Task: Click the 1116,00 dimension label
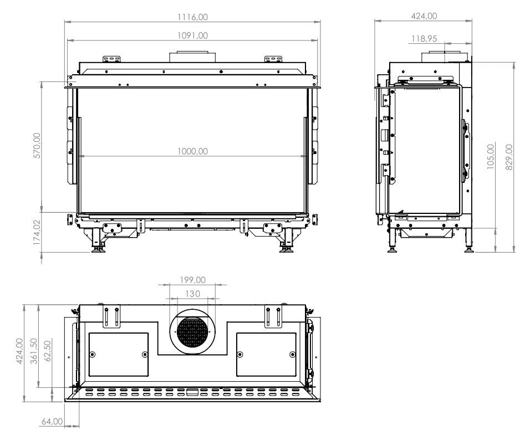point(193,17)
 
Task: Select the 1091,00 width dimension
point(193,35)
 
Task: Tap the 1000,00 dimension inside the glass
point(193,151)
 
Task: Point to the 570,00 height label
point(37,146)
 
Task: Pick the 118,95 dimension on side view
point(424,39)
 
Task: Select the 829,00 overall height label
point(509,157)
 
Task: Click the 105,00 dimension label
point(491,156)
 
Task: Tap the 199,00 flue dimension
point(192,280)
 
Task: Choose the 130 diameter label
point(192,294)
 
